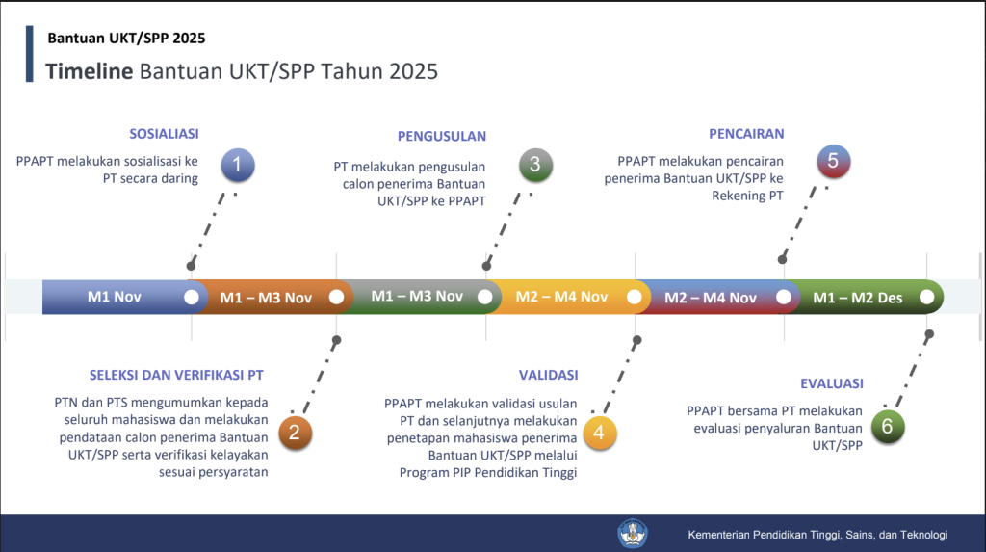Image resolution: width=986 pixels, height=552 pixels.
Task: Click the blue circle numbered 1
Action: pyautogui.click(x=238, y=165)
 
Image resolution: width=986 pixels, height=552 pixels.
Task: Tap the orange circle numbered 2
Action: pyautogui.click(x=295, y=433)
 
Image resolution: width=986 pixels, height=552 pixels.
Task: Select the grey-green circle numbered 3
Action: pyautogui.click(x=535, y=165)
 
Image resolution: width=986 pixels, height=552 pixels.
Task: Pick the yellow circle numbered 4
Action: pyautogui.click(x=599, y=433)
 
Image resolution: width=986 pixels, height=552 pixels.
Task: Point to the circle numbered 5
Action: pyautogui.click(x=833, y=161)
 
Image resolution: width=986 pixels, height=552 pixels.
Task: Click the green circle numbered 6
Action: pyautogui.click(x=888, y=427)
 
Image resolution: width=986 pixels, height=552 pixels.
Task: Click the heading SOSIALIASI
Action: pyautogui.click(x=164, y=134)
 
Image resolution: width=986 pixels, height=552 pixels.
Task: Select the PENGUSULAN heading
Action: pyautogui.click(x=441, y=137)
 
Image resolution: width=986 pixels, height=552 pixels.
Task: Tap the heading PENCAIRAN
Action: pyautogui.click(x=746, y=134)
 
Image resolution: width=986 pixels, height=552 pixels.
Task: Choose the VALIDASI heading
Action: pyautogui.click(x=548, y=375)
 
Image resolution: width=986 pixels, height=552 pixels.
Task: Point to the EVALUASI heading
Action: pyautogui.click(x=832, y=384)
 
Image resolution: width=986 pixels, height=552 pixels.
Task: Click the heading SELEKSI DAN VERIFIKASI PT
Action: pyautogui.click(x=176, y=375)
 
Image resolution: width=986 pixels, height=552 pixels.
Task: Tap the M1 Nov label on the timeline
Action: pyautogui.click(x=115, y=297)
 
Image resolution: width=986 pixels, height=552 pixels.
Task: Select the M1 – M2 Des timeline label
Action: pyautogui.click(x=858, y=298)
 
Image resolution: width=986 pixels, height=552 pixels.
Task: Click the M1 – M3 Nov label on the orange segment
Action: pyautogui.click(x=266, y=298)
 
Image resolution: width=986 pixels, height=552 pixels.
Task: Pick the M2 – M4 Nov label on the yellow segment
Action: pyautogui.click(x=561, y=297)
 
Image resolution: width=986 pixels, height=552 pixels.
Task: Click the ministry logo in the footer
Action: pyautogui.click(x=632, y=534)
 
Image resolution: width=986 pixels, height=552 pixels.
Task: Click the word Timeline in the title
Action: pyautogui.click(x=90, y=71)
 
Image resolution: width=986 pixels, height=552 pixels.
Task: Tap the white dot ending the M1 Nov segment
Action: pyautogui.click(x=192, y=297)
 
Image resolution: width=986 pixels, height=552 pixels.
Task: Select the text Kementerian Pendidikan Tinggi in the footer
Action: pyautogui.click(x=764, y=535)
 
